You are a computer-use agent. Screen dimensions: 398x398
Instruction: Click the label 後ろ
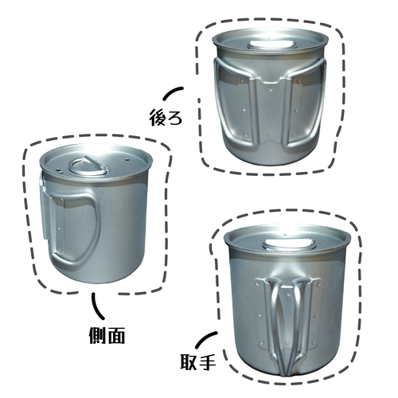tap(166, 116)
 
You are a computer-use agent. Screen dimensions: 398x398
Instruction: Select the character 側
tap(95, 335)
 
